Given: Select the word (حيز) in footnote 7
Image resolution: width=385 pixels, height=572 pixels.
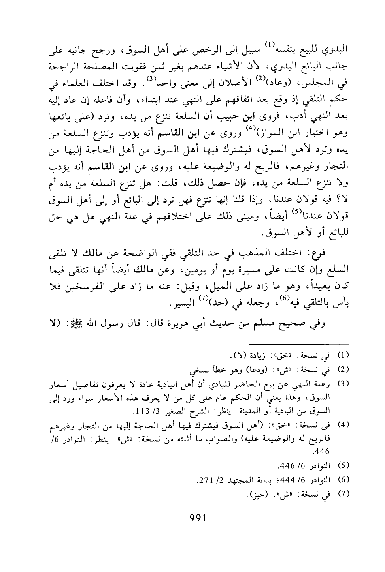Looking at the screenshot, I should (x=256, y=494).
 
